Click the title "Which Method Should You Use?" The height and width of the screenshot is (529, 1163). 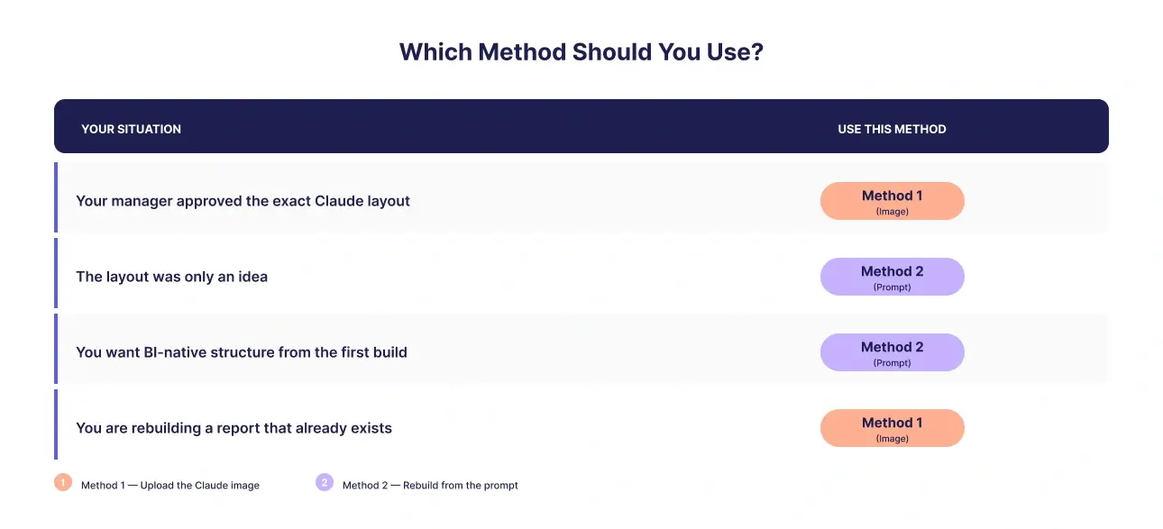581,52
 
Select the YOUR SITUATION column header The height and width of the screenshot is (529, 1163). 132,129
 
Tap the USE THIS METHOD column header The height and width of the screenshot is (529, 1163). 892,129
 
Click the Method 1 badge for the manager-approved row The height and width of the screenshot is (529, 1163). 892,201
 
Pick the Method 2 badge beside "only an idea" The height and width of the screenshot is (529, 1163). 892,277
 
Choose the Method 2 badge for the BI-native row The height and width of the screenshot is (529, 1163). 892,352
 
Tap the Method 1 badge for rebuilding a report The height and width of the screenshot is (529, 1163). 892,428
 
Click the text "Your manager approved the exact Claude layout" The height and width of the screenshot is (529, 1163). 243,201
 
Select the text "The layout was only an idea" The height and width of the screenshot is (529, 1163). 172,277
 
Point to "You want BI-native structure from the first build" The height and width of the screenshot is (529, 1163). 242,352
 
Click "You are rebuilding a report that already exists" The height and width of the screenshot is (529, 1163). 234,428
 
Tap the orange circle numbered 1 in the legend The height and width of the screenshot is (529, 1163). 63,482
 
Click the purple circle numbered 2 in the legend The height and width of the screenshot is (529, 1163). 325,482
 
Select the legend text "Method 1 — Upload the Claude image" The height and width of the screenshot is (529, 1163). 170,486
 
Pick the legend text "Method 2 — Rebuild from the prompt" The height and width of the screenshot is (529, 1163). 430,486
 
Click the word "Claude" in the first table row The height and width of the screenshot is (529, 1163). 338,201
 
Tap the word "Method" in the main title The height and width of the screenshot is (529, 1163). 522,52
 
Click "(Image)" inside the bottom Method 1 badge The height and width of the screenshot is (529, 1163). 892,439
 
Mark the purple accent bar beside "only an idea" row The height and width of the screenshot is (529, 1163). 56,273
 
